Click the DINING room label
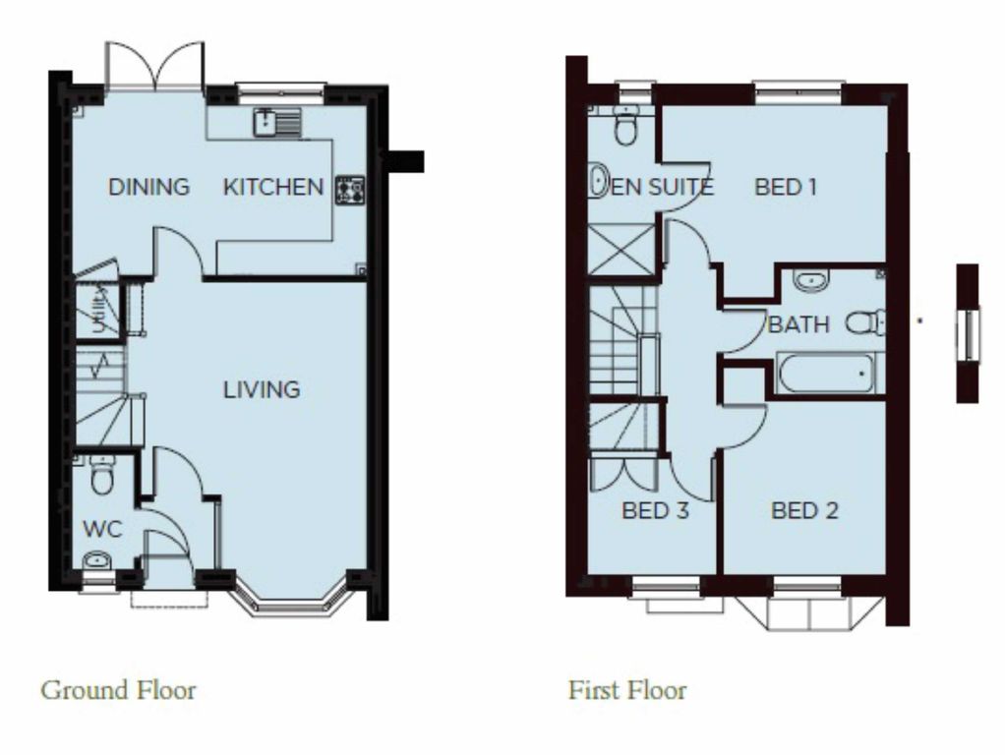pos(148,187)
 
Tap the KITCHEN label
pos(273,187)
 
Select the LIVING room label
pos(262,389)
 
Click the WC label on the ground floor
pos(102,530)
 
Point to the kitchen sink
pos(277,123)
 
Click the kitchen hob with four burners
pos(350,190)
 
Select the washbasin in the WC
pos(96,560)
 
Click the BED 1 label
pos(786,187)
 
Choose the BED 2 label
pos(805,510)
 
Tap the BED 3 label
pos(655,511)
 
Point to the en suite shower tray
pos(621,249)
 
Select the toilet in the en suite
pos(624,124)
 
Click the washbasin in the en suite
pos(599,181)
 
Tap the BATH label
pos(798,324)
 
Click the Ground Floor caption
pos(119,690)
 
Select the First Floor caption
pos(627,690)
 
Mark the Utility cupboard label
pos(97,310)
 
